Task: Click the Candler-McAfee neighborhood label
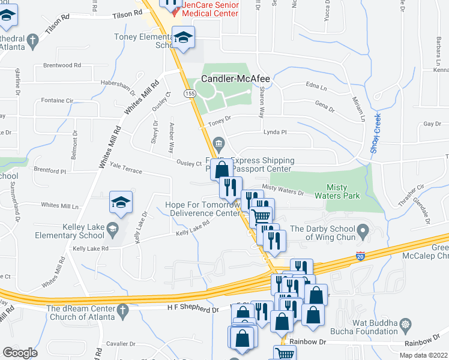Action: [235, 79]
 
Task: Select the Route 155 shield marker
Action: [190, 94]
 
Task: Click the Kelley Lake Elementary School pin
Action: [112, 229]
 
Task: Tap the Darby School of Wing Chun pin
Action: [363, 230]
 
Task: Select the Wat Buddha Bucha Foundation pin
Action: [406, 326]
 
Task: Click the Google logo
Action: [20, 353]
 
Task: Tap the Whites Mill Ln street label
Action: [59, 205]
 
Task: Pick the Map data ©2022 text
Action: [423, 355]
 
